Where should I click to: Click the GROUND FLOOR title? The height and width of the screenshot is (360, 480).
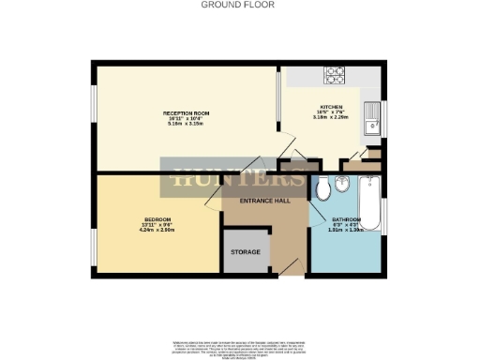tap(239, 5)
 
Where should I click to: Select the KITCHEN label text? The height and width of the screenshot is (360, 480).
tap(330, 107)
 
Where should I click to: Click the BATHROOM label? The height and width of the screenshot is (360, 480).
tap(346, 219)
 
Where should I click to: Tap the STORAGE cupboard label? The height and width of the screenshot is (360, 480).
tap(247, 253)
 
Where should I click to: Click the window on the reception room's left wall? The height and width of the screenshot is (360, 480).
tap(93, 117)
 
